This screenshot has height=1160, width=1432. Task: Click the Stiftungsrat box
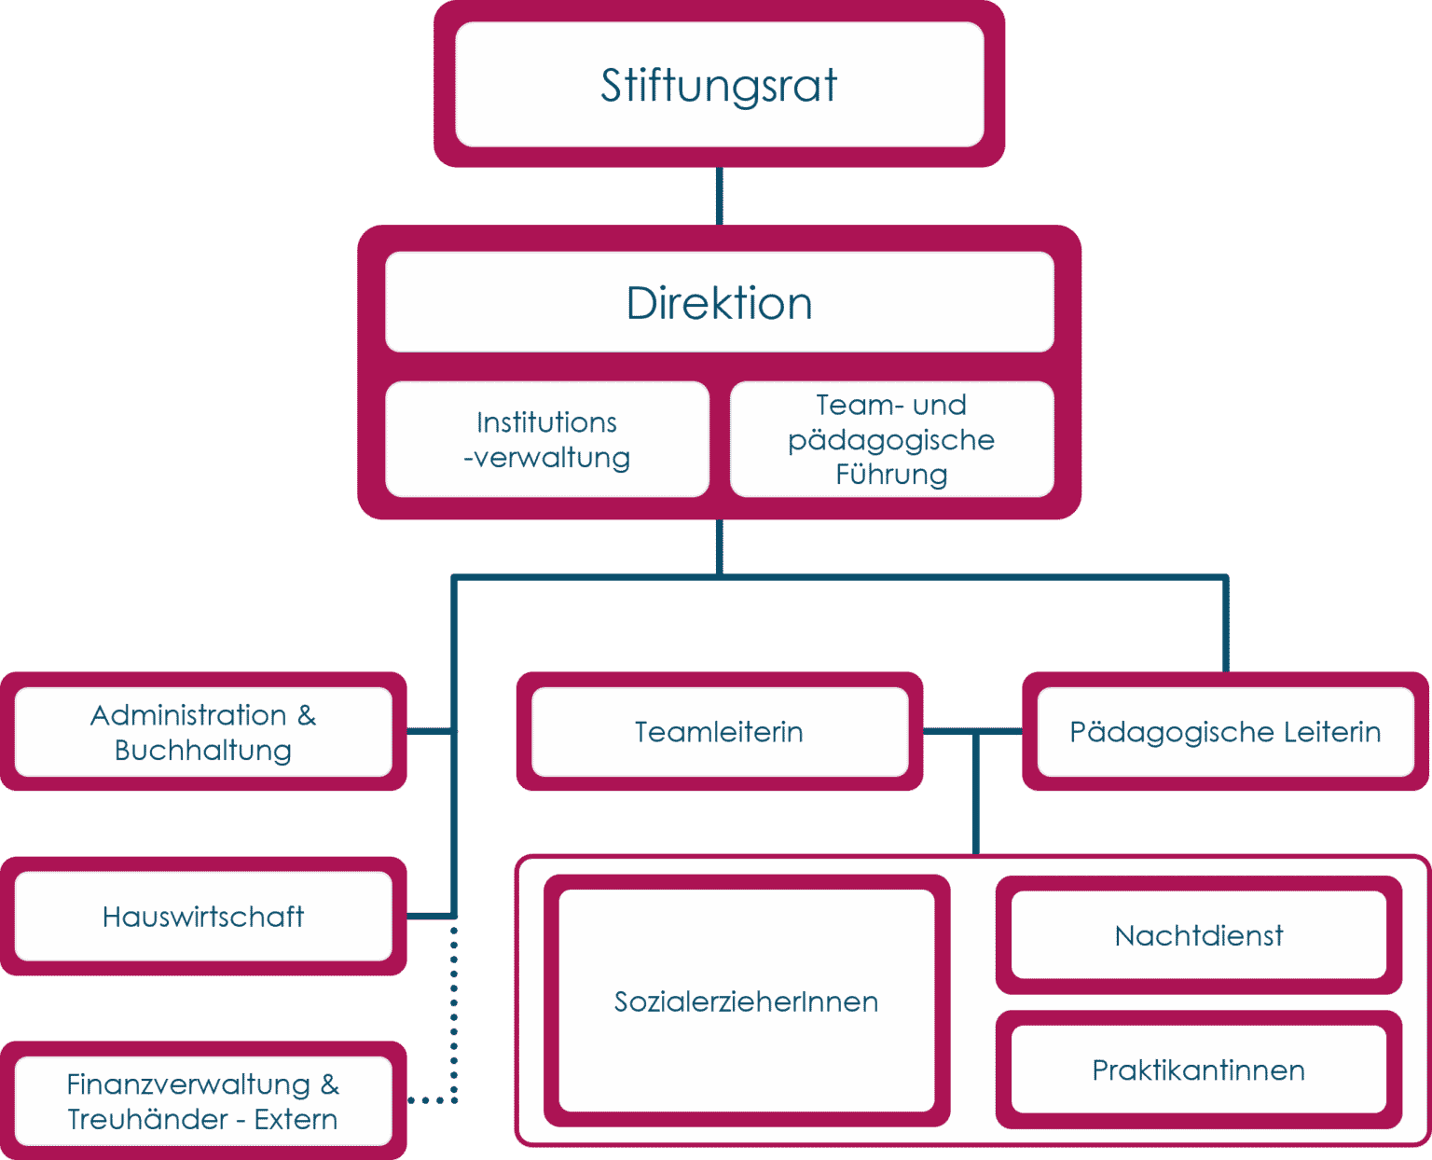click(719, 85)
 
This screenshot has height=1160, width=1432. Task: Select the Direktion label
click(719, 303)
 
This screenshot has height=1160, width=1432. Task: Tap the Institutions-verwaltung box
click(547, 439)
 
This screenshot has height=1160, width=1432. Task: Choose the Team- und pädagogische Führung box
click(891, 439)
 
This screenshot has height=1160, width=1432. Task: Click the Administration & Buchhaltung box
click(203, 732)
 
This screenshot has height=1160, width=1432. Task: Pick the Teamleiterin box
click(719, 732)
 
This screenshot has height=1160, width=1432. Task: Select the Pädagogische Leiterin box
click(1225, 732)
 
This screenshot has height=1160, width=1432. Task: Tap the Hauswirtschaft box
click(203, 917)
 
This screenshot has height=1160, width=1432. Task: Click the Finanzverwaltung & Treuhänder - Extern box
click(203, 1101)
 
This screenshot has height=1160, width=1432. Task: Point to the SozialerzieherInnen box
click(746, 1001)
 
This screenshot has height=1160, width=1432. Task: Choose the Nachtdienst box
click(1199, 935)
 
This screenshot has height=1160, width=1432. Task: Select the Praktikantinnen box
click(1199, 1070)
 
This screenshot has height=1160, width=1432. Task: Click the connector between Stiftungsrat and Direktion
click(719, 197)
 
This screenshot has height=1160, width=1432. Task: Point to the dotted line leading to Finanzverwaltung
click(454, 1016)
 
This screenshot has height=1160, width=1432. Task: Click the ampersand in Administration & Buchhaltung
click(307, 715)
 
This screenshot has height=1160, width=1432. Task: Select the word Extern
click(296, 1119)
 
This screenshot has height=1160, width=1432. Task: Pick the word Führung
click(891, 475)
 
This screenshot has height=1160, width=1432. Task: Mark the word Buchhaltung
click(203, 750)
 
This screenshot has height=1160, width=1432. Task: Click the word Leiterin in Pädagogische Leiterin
click(1332, 732)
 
